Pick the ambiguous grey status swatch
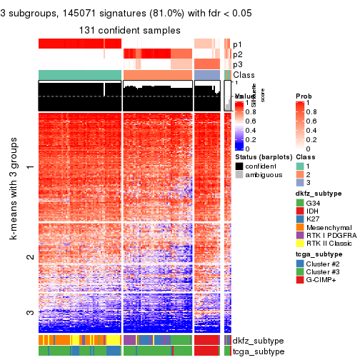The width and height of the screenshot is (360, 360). point(239,174)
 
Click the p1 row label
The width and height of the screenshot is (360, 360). point(237,44)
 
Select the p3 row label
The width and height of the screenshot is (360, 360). point(237,64)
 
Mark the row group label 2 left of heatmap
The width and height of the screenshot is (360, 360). point(29,256)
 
